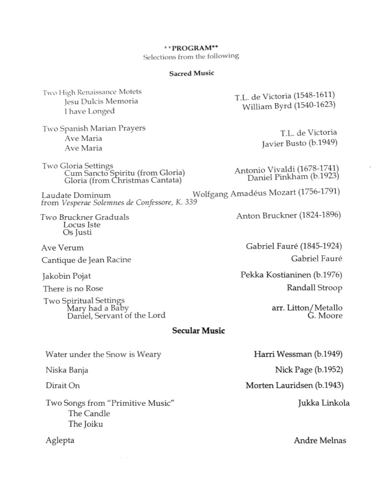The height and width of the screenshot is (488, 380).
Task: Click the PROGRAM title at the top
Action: tap(191, 48)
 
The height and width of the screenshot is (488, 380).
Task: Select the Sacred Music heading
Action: tap(191, 74)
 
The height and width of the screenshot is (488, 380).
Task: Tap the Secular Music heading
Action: tap(199, 330)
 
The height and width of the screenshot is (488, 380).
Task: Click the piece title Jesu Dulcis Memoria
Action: tap(101, 101)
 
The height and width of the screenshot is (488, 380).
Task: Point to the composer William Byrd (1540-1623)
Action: tap(288, 106)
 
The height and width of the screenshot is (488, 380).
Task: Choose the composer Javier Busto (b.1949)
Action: tap(300, 143)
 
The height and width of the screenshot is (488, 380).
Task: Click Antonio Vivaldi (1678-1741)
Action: tap(287, 170)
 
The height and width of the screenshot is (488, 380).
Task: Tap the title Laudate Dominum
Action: tap(76, 195)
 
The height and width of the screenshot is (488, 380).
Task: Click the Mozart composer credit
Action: tap(266, 193)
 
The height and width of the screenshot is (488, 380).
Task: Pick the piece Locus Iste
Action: tap(82, 225)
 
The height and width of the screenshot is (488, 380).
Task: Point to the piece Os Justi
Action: tap(77, 233)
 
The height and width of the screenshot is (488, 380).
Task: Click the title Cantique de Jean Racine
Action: tap(86, 260)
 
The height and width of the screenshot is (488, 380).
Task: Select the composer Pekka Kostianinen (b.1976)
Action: tap(291, 275)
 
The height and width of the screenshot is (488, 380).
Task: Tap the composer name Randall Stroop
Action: tap(314, 288)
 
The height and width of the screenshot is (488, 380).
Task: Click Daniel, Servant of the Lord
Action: tap(116, 315)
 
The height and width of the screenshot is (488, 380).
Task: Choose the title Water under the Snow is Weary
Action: tap(103, 355)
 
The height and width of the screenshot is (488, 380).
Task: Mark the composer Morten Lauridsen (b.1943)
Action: tap(294, 385)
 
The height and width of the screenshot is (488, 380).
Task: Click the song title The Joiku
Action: tap(86, 424)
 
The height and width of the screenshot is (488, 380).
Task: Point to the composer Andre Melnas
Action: tap(320, 441)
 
